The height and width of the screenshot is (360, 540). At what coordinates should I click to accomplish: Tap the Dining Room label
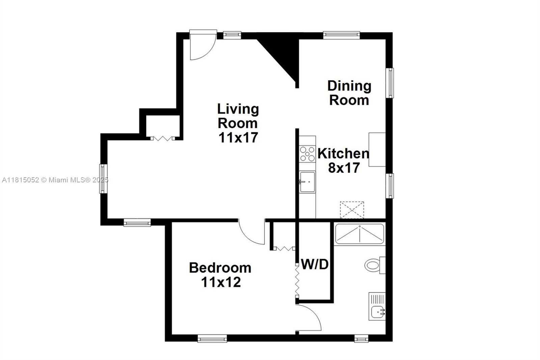[x=349, y=93]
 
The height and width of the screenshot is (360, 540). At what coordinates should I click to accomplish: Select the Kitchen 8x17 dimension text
[x=344, y=168]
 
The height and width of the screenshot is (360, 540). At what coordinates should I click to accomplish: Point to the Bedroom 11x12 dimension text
[x=221, y=282]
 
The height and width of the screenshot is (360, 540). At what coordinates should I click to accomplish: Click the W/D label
[x=315, y=264]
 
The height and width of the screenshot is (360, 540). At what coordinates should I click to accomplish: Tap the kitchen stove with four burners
[x=307, y=153]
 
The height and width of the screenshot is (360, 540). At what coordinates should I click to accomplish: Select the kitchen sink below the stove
[x=307, y=182]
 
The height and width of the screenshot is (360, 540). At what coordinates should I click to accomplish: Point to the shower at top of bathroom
[x=359, y=234]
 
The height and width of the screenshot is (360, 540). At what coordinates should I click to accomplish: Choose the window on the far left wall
[x=103, y=179]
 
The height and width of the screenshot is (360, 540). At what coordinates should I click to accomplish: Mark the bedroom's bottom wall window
[x=212, y=338]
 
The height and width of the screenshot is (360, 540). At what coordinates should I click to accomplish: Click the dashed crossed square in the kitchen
[x=352, y=210]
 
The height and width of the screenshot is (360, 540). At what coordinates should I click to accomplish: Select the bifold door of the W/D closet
[x=297, y=280]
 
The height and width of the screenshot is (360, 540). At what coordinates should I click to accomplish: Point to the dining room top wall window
[x=341, y=35]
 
